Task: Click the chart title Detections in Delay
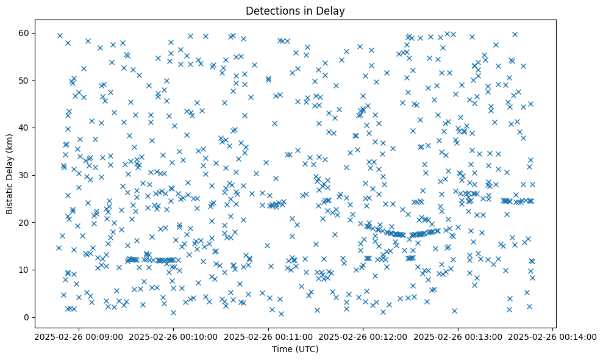(294, 10)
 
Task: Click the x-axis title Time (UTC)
(294, 349)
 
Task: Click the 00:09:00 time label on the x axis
(78, 336)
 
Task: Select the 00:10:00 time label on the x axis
(173, 336)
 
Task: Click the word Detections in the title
(271, 10)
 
